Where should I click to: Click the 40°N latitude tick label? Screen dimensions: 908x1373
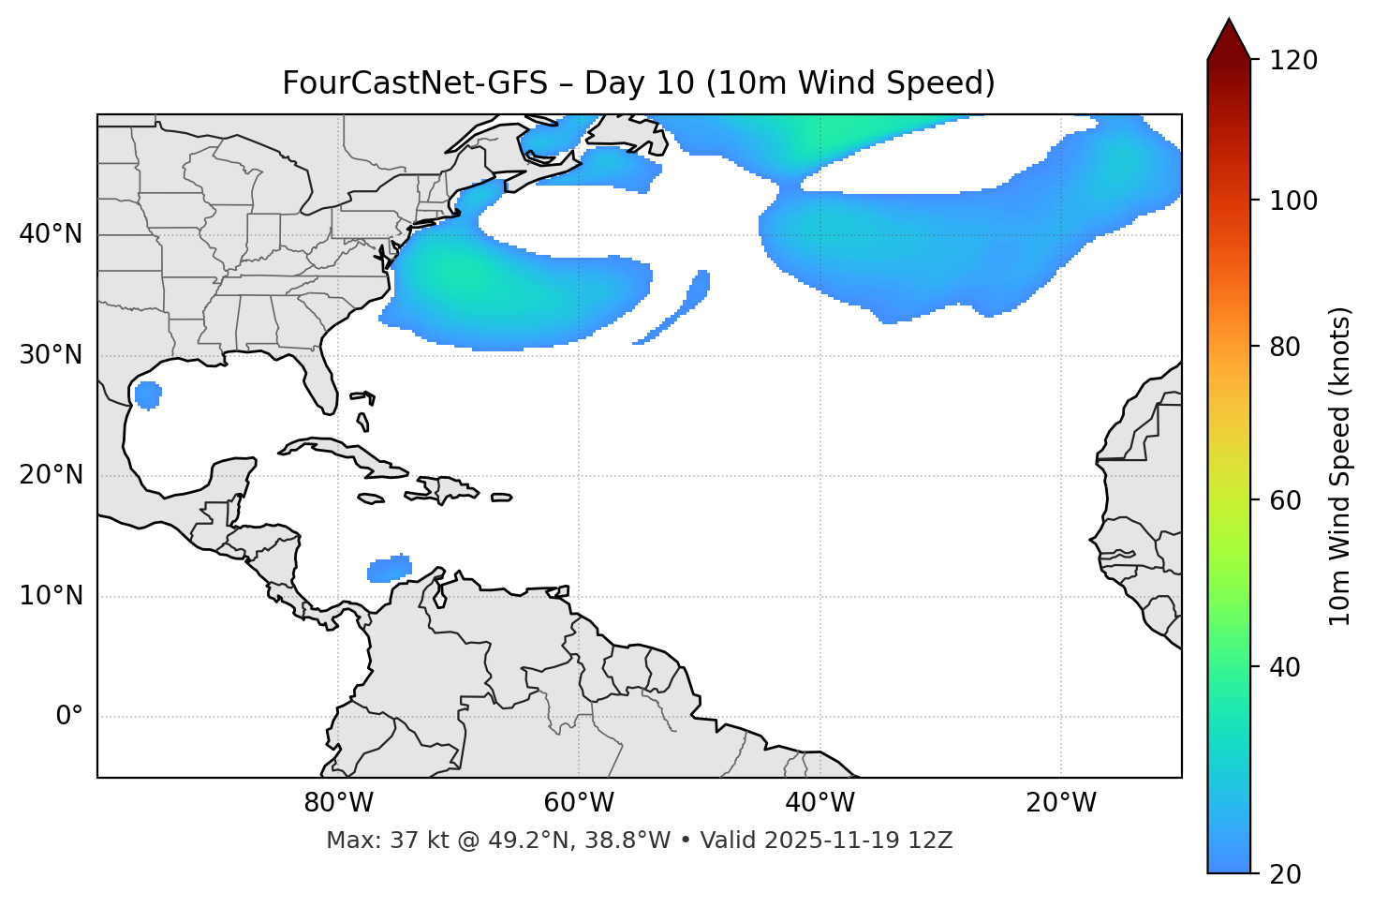pyautogui.click(x=51, y=234)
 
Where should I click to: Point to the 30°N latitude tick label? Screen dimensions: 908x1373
pyautogui.click(x=51, y=355)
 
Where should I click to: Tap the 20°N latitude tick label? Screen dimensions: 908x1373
pyautogui.click(x=51, y=475)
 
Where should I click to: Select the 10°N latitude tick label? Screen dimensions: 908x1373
pyautogui.click(x=51, y=596)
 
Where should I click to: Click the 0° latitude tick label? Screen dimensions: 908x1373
pyautogui.click(x=69, y=717)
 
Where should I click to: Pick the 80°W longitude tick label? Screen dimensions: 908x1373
pyautogui.click(x=338, y=803)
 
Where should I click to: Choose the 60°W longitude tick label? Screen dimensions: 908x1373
pyautogui.click(x=579, y=803)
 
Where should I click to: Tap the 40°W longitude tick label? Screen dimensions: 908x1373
pyautogui.click(x=819, y=803)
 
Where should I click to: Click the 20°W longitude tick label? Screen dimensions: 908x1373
pyautogui.click(x=1061, y=803)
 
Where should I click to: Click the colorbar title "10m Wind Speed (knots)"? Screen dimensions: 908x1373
pyautogui.click(x=1340, y=466)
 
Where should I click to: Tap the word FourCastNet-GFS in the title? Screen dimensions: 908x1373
pyautogui.click(x=414, y=83)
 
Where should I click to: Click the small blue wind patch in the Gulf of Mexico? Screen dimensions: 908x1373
pyautogui.click(x=148, y=394)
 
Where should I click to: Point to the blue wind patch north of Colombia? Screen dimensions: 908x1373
pyautogui.click(x=390, y=568)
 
